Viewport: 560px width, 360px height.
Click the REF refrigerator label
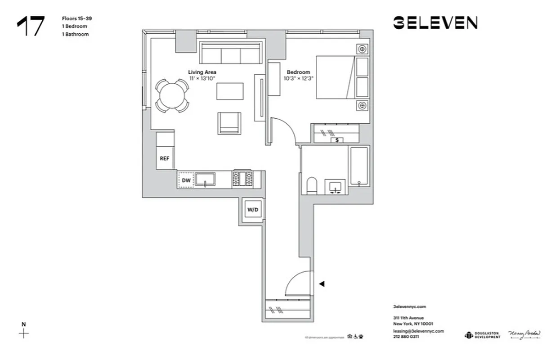(x=164, y=158)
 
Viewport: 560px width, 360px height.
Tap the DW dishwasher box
(x=186, y=180)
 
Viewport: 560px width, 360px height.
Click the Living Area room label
(x=202, y=72)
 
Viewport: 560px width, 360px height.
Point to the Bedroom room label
(x=298, y=72)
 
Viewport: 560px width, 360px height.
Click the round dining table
(x=172, y=95)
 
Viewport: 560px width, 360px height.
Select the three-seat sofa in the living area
(x=230, y=54)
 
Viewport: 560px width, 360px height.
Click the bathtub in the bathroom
(x=359, y=166)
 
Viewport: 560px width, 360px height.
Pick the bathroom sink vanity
(x=335, y=187)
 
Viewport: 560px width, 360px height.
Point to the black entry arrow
(x=322, y=283)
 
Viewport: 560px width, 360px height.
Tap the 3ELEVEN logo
(x=435, y=23)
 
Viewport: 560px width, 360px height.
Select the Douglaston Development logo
(x=482, y=335)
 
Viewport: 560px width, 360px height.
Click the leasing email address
(x=418, y=331)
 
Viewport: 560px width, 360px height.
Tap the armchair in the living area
(x=229, y=123)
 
